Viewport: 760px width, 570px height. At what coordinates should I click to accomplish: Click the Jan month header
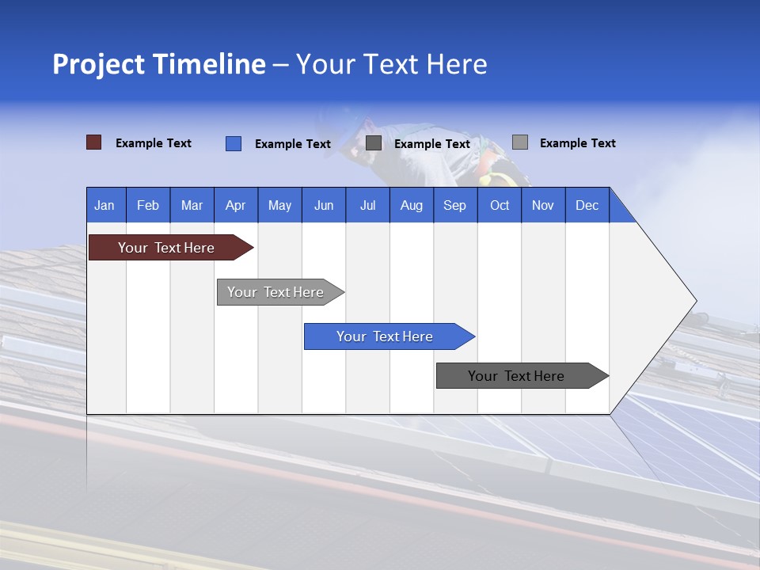104,205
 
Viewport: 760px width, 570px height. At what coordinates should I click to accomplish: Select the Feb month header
148,205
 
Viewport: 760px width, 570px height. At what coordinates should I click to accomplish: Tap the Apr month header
236,205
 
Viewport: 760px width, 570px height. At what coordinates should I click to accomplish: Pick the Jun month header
324,205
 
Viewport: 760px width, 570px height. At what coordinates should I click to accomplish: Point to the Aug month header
412,205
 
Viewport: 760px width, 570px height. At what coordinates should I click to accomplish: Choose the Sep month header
455,205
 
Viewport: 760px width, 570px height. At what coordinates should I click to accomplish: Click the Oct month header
500,205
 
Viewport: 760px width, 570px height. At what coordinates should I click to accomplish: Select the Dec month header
587,205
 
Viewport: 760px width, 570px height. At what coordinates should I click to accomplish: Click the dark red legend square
93,142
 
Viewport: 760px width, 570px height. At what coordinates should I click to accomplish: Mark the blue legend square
234,143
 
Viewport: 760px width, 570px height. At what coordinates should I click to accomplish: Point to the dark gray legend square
374,143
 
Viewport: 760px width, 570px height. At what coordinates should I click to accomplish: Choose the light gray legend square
519,142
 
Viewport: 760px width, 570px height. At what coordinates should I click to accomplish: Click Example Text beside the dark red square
154,143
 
